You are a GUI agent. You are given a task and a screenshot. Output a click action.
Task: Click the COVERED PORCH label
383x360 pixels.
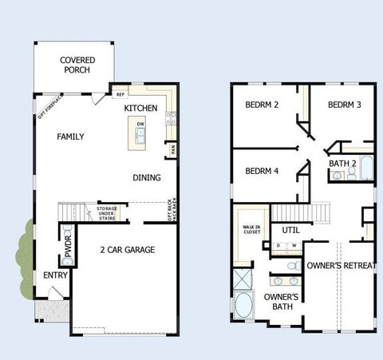pos(77,65)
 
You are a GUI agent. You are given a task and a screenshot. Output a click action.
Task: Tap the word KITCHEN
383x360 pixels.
pos(140,108)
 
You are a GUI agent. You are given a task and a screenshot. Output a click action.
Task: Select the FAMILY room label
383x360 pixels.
pos(70,136)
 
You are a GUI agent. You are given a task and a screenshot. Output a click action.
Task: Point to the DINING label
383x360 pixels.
pos(146,177)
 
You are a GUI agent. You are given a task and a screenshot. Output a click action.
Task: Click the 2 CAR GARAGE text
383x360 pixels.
pos(127,250)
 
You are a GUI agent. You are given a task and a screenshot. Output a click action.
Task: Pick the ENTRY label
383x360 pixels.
pos(56,275)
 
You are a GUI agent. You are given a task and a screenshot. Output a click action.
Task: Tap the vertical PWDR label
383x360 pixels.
pos(68,246)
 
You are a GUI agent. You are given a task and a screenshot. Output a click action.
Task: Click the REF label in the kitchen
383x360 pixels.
pos(120,94)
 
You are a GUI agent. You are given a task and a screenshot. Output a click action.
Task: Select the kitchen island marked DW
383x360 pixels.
pos(140,133)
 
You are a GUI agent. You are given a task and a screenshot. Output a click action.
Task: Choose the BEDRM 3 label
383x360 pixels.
pos(344,105)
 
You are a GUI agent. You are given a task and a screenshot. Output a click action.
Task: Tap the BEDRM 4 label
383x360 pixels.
pos(261,171)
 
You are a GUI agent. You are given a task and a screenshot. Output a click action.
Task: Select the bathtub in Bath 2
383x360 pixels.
pos(365,168)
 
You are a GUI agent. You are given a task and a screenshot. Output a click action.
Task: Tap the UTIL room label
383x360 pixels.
pos(290,231)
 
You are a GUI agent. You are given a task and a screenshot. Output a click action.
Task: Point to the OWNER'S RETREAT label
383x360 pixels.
pos(341,265)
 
